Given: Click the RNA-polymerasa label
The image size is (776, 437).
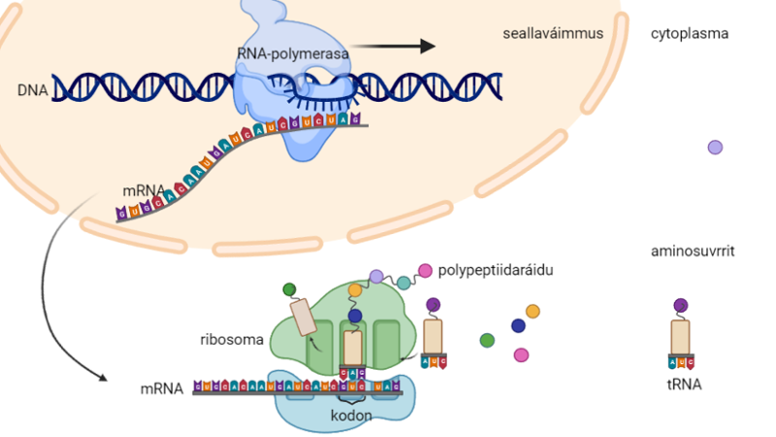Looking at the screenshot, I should tap(292, 53).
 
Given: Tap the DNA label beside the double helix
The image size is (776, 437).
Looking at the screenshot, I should tap(33, 90).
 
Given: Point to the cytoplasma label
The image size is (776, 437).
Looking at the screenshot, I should tap(690, 34).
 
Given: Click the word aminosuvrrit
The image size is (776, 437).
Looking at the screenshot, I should tap(693, 252).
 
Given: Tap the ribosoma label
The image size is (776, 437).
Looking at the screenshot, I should tap(230, 341).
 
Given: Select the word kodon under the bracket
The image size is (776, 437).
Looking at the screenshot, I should tap(352, 415).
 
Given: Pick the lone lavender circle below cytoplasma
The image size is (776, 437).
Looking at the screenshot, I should tap(715, 148).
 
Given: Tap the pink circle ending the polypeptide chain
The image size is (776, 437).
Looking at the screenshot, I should tap(425, 270).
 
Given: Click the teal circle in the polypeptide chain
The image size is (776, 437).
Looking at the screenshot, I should tap(403, 282).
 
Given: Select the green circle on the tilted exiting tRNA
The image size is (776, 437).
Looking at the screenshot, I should tap(289, 289).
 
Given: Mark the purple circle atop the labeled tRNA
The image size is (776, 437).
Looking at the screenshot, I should tap(681, 306).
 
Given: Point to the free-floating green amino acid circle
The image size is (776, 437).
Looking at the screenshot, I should tap(487, 340).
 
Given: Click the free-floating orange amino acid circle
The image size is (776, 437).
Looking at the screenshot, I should tap(533, 311).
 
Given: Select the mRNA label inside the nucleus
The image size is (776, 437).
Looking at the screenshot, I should tap(143, 190).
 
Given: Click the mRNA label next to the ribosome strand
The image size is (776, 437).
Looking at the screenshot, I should tap(161, 388).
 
